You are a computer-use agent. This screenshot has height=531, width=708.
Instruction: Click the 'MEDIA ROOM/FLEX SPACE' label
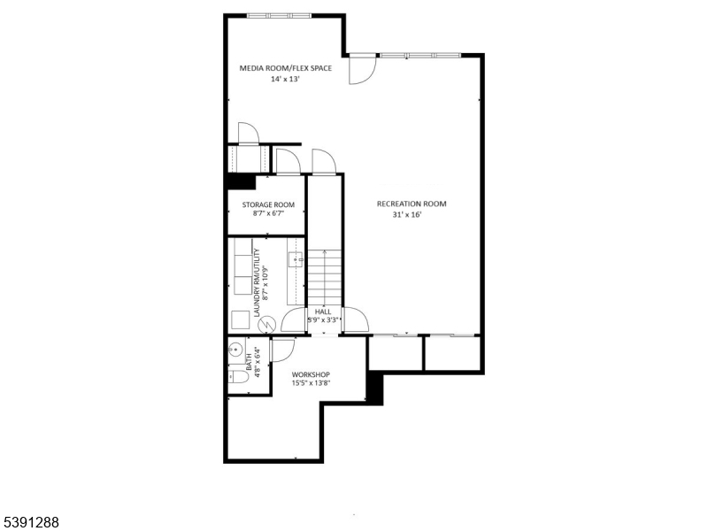[x=286, y=67]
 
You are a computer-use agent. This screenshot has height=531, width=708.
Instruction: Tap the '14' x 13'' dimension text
[x=286, y=79]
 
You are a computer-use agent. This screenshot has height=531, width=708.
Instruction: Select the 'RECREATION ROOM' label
[x=412, y=204]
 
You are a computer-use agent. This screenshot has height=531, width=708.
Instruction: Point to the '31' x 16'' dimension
[x=412, y=215]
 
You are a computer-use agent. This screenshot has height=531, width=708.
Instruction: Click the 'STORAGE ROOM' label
[x=268, y=204]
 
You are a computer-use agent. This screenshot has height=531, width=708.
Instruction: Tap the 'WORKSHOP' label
[x=311, y=374]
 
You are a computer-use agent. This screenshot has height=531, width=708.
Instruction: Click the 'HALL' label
[x=322, y=312]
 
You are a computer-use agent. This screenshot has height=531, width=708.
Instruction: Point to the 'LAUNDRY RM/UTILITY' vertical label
[x=256, y=283]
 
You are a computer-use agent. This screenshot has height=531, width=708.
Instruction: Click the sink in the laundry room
[x=296, y=259]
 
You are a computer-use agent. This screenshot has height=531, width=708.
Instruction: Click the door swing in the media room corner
[x=360, y=71]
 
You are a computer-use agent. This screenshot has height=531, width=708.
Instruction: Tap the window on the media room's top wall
[x=279, y=15]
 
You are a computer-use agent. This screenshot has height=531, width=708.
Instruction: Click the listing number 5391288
[x=31, y=522]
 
